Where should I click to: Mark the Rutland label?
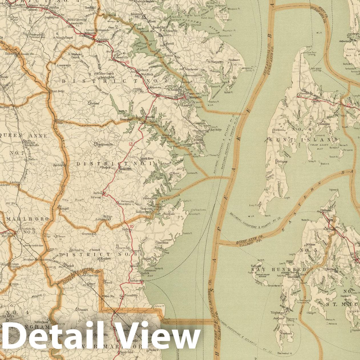pyautogui.click(x=95, y=103)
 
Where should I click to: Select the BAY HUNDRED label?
pyautogui.click(x=279, y=270)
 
